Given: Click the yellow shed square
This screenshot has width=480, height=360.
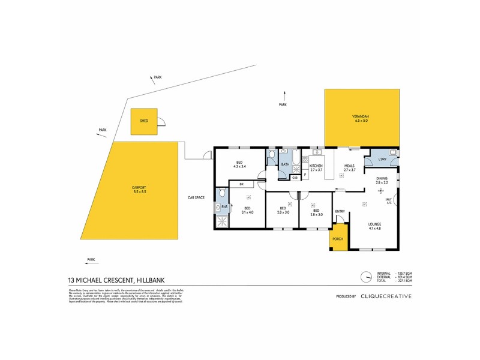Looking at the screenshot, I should point(144,121).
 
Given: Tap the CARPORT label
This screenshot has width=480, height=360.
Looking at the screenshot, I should point(139,190).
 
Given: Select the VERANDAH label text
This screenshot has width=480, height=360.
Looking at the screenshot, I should point(361,118).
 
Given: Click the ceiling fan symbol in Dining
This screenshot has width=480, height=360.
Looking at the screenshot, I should point(379,191).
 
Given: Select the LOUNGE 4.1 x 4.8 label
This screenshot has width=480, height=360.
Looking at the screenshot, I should point(374,226).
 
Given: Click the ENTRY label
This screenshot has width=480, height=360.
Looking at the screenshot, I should point(340,211).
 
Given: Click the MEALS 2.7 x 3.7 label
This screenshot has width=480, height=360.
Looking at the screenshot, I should point(350,167).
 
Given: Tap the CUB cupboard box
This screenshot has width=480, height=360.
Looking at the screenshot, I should point(295,177).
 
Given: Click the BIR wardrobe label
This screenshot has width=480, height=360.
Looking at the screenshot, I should point(241,184).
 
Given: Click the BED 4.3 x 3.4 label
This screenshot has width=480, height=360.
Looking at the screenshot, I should point(239,165).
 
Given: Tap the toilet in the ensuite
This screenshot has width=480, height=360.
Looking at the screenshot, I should point(223,193).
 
